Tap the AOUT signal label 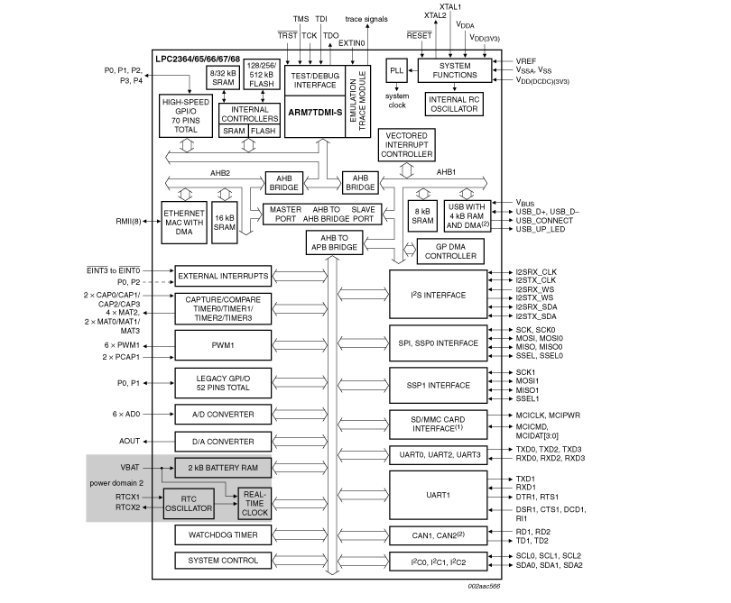[130, 441]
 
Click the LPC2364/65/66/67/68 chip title [197, 59]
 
